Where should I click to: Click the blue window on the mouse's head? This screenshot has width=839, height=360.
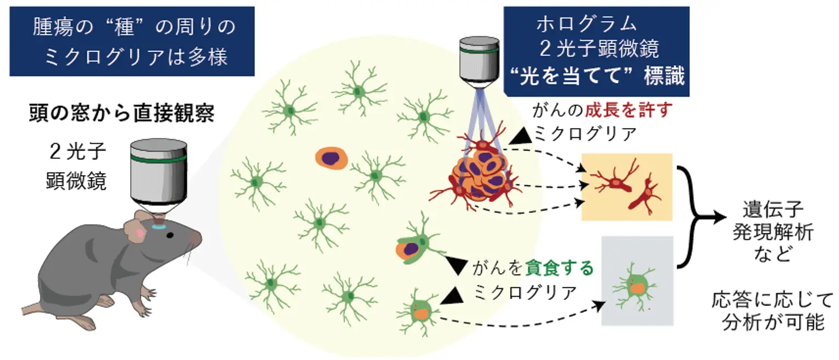point(160,225)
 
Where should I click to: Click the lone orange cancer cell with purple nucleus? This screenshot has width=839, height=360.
point(331,158)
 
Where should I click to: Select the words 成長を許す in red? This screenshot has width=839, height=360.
point(628,111)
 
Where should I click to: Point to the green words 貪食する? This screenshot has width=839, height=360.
point(559,269)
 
